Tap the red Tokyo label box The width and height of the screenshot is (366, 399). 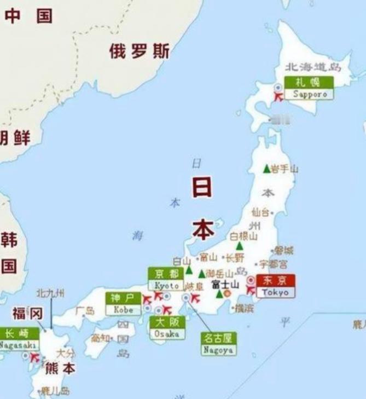click(275, 286)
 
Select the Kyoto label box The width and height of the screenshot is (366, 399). click(167, 280)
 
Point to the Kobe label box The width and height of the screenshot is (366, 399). click(123, 304)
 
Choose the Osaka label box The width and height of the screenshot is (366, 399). click(167, 327)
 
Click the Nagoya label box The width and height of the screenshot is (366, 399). click(218, 344)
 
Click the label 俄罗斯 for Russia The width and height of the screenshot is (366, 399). click(138, 52)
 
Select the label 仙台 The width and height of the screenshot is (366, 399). click(260, 212)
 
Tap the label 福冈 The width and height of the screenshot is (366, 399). click(27, 314)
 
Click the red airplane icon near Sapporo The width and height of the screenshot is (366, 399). click(278, 97)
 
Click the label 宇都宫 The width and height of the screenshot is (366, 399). click(273, 264)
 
